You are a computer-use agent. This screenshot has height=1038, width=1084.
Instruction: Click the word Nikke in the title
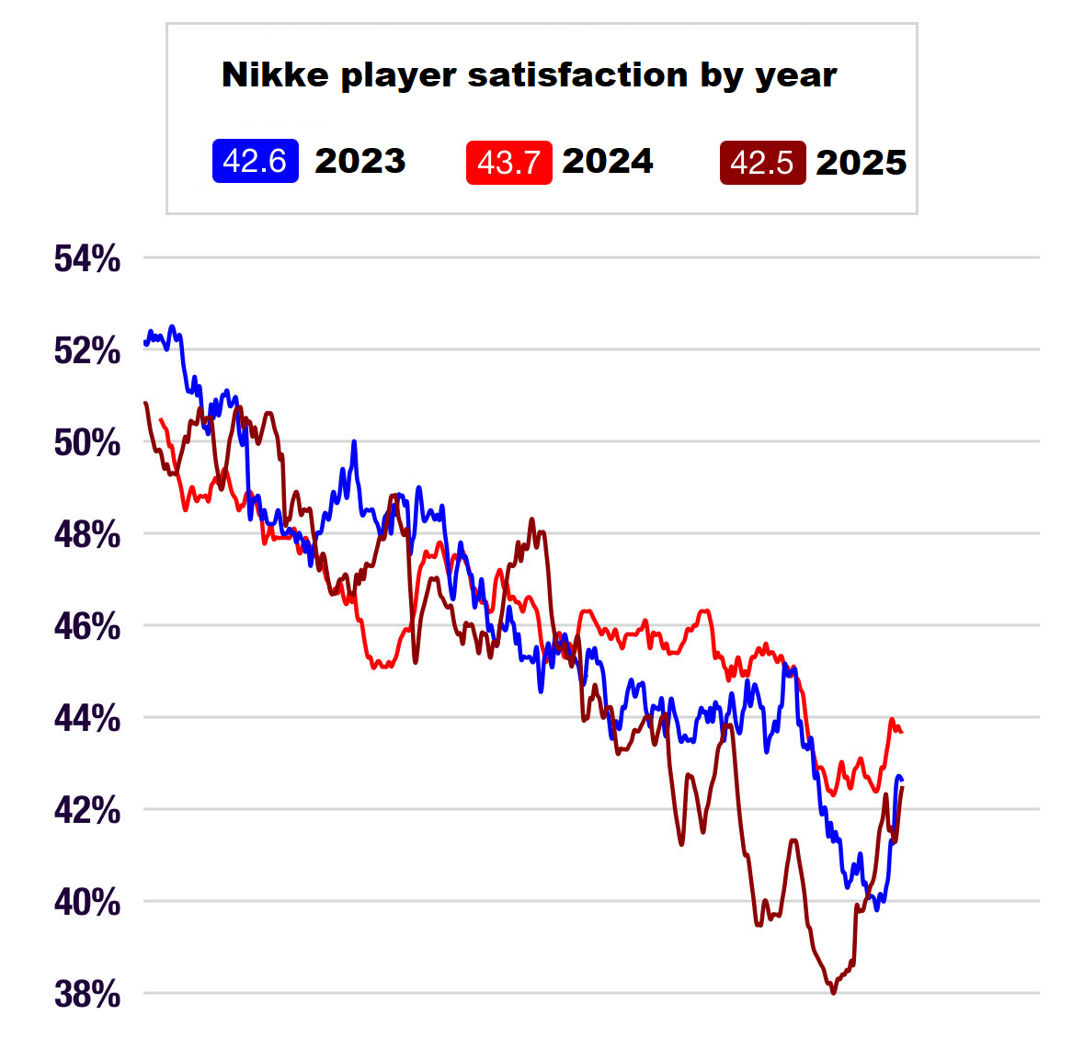[275, 75]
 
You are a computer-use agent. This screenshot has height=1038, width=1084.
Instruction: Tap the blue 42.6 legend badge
[255, 162]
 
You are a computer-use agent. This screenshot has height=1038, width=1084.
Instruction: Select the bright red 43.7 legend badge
[508, 163]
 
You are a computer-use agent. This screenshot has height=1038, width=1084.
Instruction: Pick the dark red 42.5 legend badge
[762, 163]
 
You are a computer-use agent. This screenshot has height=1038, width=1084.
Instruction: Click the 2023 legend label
[359, 162]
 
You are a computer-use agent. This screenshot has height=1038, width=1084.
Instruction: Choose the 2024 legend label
[607, 162]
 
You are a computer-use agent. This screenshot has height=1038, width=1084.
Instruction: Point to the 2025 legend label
[861, 163]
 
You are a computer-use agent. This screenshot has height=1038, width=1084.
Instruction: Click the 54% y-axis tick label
[87, 259]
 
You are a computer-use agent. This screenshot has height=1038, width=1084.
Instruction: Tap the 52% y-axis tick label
[87, 351]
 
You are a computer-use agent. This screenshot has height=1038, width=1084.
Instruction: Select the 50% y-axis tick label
[87, 443]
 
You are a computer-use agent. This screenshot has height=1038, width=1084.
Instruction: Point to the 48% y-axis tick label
[87, 534]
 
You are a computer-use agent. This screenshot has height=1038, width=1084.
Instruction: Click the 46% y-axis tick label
[87, 627]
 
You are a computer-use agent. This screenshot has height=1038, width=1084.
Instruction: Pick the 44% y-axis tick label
[87, 718]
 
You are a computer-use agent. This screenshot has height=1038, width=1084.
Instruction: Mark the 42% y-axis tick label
[87, 811]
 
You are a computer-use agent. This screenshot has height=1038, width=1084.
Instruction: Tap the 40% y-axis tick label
[87, 903]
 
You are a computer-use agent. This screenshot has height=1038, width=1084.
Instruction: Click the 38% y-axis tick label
[87, 995]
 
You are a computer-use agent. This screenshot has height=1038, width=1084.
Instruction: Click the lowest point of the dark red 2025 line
[834, 992]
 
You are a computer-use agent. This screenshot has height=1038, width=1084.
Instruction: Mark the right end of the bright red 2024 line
[902, 732]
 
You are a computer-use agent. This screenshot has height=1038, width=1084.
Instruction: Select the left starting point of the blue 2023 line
[145, 343]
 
